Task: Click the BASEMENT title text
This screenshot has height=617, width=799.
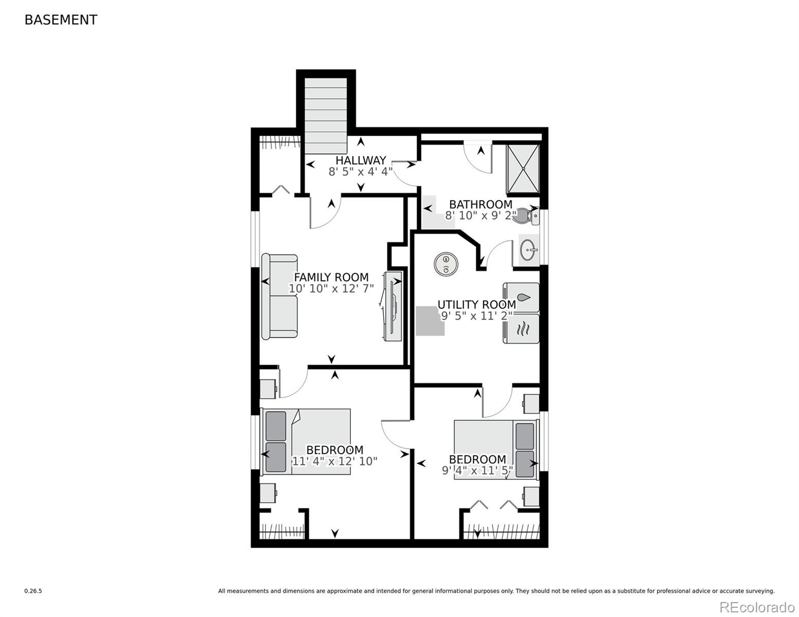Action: pyautogui.click(x=61, y=20)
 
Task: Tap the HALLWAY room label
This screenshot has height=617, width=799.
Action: pyautogui.click(x=361, y=160)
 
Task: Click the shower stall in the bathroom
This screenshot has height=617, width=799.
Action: pyautogui.click(x=523, y=169)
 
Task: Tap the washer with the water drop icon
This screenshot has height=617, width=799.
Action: pyautogui.click(x=521, y=298)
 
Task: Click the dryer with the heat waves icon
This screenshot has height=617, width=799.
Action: pyautogui.click(x=521, y=329)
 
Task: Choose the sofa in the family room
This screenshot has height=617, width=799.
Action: pyautogui.click(x=279, y=297)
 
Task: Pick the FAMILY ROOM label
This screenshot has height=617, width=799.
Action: pyautogui.click(x=331, y=277)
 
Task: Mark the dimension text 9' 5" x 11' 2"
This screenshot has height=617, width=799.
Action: pyautogui.click(x=476, y=316)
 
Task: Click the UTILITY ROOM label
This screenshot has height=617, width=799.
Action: pyautogui.click(x=476, y=304)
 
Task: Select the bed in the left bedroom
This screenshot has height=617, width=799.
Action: pyautogui.click(x=307, y=441)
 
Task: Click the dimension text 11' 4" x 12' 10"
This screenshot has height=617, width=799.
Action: pyautogui.click(x=334, y=461)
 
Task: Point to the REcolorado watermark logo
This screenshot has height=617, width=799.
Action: pyautogui.click(x=756, y=607)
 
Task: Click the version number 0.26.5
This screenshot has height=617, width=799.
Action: pyautogui.click(x=33, y=591)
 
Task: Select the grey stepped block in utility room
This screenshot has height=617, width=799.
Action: pyautogui.click(x=429, y=321)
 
